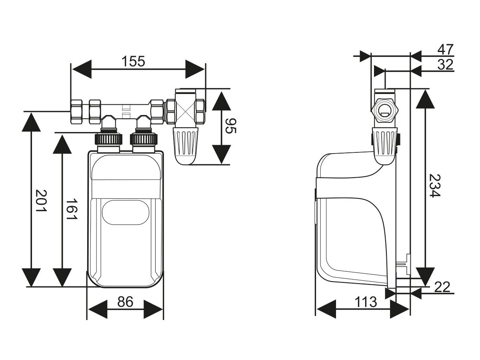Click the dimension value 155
coord(133,62)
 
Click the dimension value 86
coord(125,302)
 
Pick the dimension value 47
coord(445,50)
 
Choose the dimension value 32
coord(445,64)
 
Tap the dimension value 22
coord(442,287)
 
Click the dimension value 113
coord(366,302)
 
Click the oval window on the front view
coord(125,212)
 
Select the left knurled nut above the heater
coord(108,139)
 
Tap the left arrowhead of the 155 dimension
coord(81,69)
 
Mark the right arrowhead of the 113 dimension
coord(400,309)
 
